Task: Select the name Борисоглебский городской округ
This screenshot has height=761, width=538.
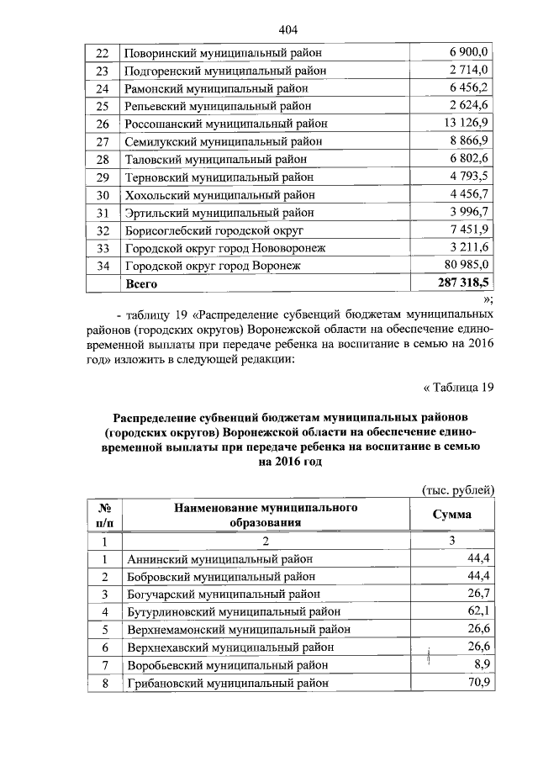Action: [x=214, y=230]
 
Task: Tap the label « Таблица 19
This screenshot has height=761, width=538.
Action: [x=456, y=387]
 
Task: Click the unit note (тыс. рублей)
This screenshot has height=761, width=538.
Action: [x=457, y=491]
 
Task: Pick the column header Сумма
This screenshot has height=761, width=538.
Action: [x=451, y=515]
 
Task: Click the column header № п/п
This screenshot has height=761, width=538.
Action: [x=105, y=515]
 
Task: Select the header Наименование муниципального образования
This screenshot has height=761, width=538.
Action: [x=266, y=515]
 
